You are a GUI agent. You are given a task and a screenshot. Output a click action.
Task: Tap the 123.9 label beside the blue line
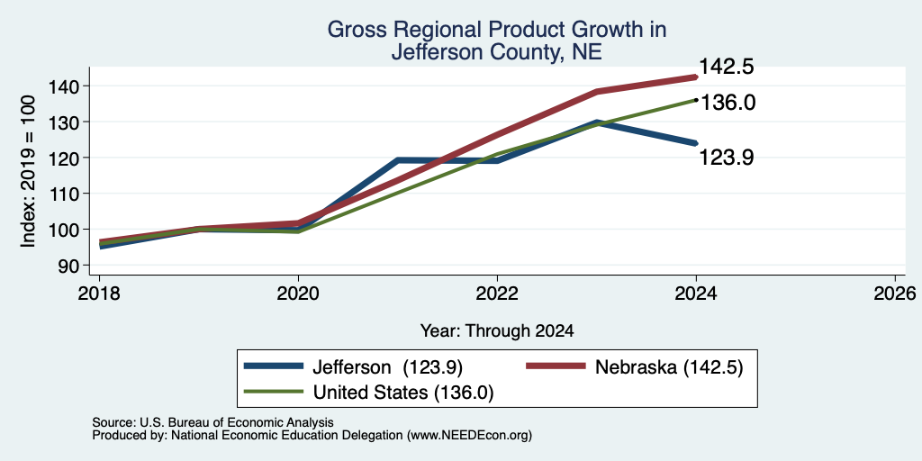point(727,158)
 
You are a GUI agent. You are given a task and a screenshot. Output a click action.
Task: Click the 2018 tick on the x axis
point(99,293)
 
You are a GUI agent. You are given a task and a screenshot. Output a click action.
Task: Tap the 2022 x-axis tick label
point(497,293)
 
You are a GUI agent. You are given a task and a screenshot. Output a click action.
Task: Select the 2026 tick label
point(895,293)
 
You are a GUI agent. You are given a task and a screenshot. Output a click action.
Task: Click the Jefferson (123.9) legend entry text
point(387,367)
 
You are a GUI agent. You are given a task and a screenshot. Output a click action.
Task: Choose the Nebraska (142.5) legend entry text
point(669,367)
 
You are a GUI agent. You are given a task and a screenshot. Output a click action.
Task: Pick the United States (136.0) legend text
point(402,393)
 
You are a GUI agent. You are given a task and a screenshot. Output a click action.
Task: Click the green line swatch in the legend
point(274,392)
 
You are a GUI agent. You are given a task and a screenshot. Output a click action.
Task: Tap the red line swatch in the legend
point(556,366)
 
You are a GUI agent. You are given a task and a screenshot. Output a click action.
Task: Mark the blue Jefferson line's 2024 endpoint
point(696,143)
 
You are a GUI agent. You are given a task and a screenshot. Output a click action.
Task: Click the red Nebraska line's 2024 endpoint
point(696,77)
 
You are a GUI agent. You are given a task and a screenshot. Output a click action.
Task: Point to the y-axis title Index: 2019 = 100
point(29,172)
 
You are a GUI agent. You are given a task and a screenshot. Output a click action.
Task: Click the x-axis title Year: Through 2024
point(497,331)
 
